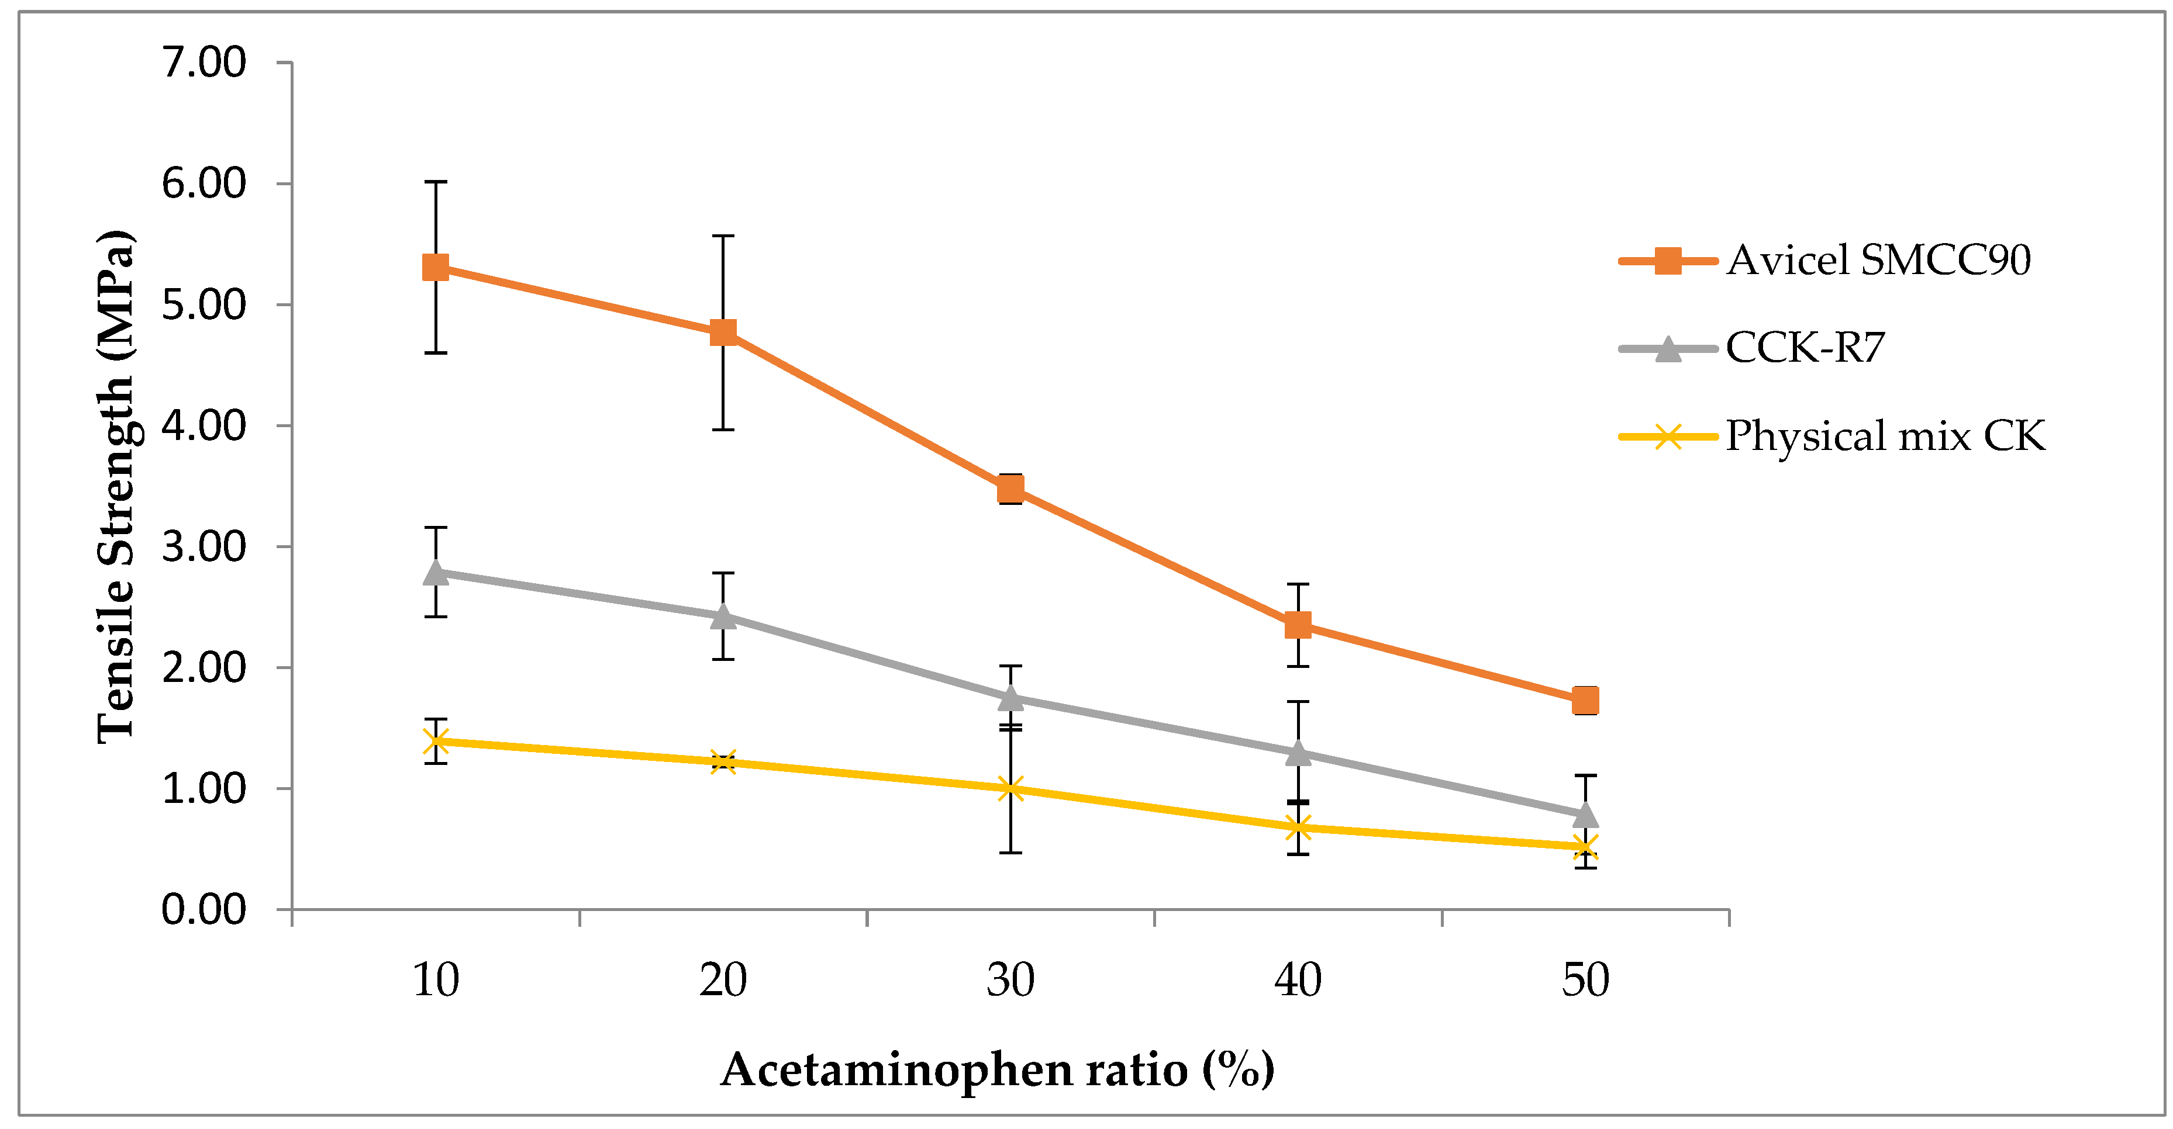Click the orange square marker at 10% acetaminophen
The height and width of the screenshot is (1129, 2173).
[435, 268]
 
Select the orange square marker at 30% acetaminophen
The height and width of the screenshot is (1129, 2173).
[1010, 488]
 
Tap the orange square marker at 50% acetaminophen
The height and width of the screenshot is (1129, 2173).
[1585, 700]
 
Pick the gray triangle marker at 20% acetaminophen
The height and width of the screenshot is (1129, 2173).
[723, 617]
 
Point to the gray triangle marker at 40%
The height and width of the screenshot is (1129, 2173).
[1298, 752]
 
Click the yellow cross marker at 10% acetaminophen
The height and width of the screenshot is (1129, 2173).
[435, 741]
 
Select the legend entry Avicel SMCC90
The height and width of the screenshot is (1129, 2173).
[1878, 259]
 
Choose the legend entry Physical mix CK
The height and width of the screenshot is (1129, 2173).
[1885, 436]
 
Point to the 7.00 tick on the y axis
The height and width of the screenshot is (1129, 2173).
[203, 63]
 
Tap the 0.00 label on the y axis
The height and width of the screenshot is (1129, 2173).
[203, 910]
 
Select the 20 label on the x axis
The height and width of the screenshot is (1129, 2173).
[723, 980]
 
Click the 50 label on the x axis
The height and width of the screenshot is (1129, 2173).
[1585, 980]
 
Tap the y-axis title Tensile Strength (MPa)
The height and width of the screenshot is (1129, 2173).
[116, 487]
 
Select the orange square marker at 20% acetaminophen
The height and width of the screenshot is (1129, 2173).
[723, 332]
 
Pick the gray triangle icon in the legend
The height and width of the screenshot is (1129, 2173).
[1668, 349]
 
